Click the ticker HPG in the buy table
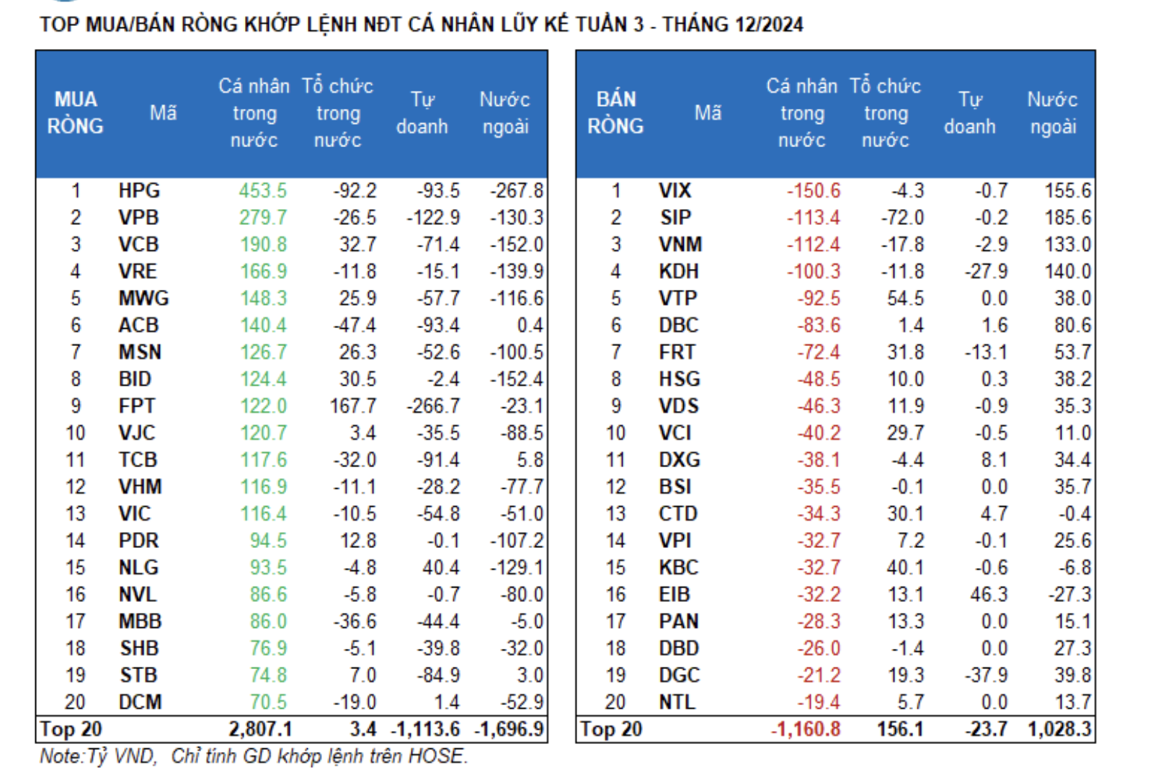pos(139,191)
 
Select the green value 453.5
pos(263,191)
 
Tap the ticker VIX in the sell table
pos(675,191)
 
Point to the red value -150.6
pos(813,191)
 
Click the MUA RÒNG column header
pos(76,112)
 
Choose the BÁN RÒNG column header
pos(615,112)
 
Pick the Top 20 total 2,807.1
pos(260,729)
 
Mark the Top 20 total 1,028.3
pos(1059,729)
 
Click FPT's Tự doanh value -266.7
pos(433,406)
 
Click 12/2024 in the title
pos(768,25)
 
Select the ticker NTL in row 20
pos(677,702)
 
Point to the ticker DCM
pos(140,702)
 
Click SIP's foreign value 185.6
pos(1068,218)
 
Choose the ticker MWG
pos(143,298)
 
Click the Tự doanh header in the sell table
pos(969,112)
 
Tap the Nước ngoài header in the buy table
pos(504,112)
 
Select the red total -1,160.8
pos(805,729)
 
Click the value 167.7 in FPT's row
pos(352,406)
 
